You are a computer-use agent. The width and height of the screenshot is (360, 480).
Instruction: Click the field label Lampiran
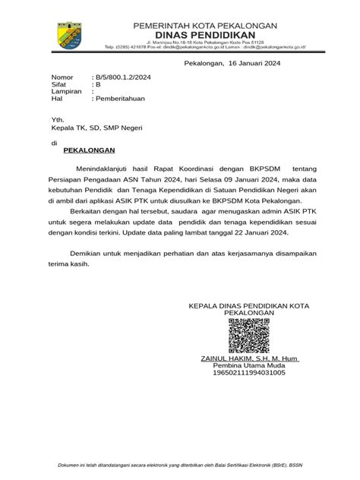[x=65, y=92]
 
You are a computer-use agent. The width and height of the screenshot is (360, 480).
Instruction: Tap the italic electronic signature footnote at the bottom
[x=179, y=465]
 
